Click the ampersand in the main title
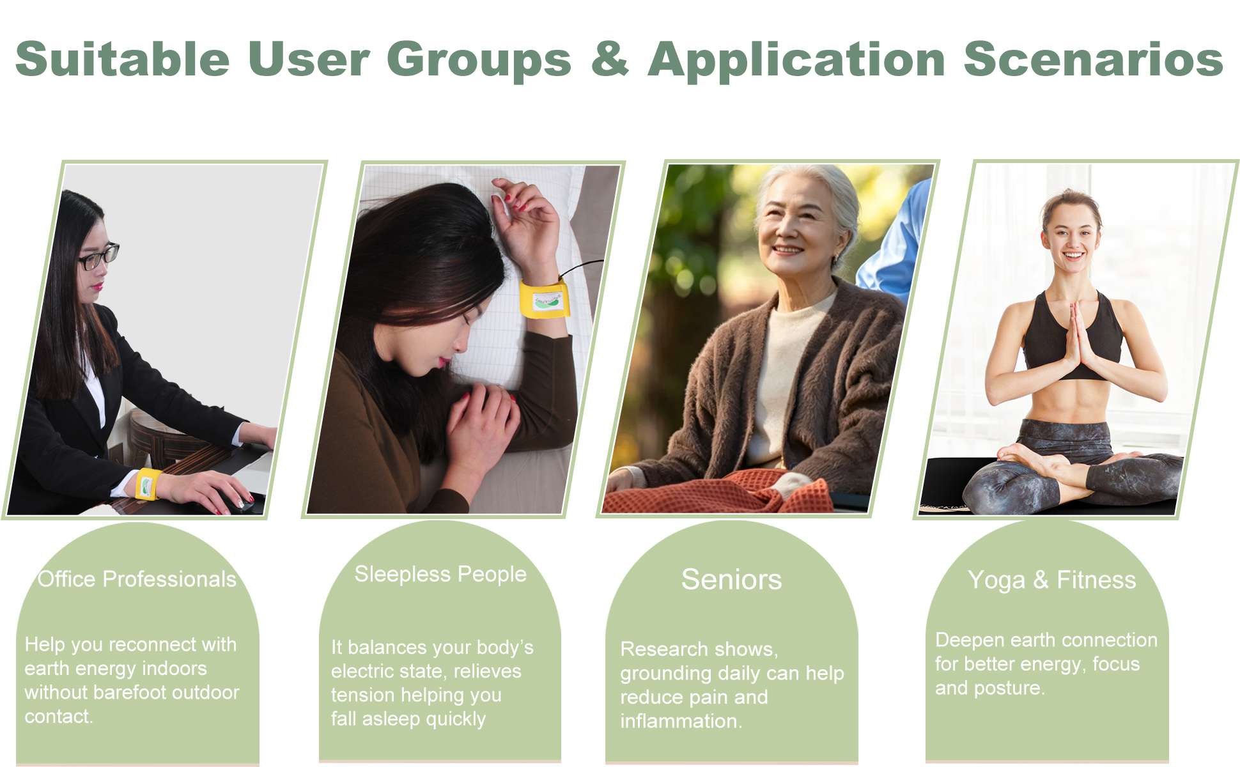(610, 59)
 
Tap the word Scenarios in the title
(1093, 59)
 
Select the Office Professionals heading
(137, 579)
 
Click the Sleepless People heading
(440, 574)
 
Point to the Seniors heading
(731, 580)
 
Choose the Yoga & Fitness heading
(1051, 580)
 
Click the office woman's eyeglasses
(98, 257)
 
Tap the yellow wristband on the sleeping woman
(544, 298)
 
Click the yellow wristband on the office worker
(148, 484)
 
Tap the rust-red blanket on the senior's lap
(716, 492)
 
